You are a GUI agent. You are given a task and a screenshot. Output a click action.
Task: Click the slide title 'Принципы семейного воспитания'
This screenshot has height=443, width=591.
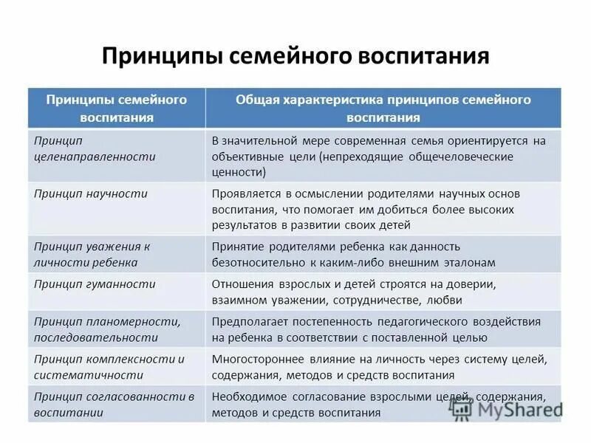click(295, 56)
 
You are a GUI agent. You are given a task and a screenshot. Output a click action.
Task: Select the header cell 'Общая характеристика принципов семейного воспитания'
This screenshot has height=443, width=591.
click(383, 108)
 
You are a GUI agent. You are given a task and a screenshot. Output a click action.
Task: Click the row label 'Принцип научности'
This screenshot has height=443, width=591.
click(91, 193)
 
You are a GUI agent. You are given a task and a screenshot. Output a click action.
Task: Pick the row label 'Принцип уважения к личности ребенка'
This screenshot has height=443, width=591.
click(92, 254)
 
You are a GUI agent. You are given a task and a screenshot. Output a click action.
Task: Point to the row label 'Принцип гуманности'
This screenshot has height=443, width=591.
click(95, 284)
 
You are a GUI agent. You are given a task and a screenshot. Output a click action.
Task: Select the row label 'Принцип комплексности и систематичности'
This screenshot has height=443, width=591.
click(109, 367)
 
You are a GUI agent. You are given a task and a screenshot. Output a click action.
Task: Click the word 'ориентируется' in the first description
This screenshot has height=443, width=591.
click(471, 140)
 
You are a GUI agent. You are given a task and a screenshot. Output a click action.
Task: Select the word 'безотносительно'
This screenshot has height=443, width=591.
click(255, 262)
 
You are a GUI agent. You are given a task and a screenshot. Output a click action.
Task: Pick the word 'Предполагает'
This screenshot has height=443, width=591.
click(247, 322)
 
